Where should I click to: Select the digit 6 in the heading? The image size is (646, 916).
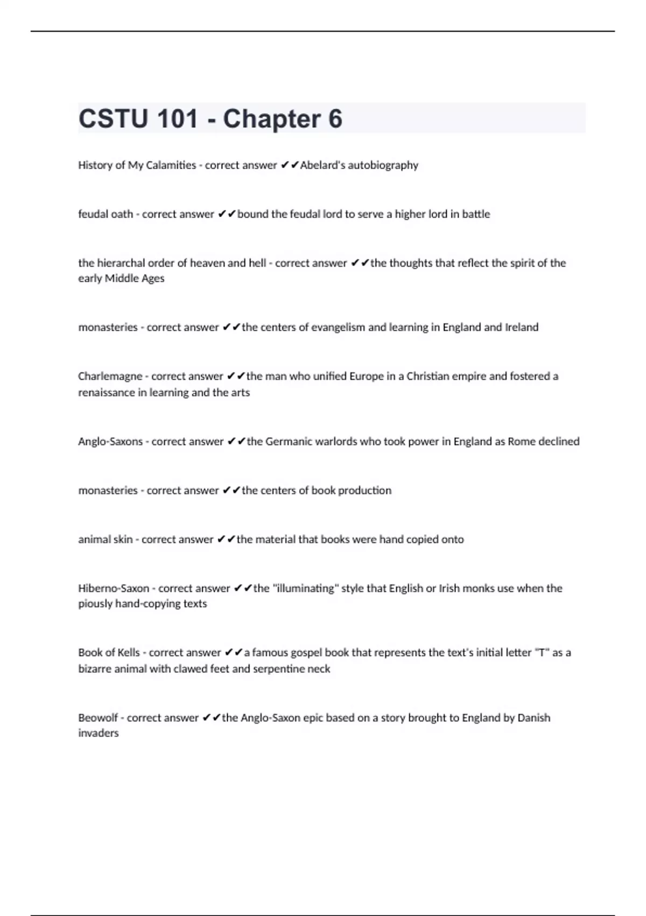coord(335,119)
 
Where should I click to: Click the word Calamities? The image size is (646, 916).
coord(171,165)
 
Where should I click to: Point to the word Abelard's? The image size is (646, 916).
coord(322,165)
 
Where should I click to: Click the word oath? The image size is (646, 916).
coord(121,214)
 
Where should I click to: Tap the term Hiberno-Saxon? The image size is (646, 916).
coord(114,588)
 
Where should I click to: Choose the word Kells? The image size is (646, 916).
coord(129,653)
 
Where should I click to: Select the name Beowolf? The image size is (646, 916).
coord(98,718)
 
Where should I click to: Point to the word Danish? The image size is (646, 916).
coord(533,718)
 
